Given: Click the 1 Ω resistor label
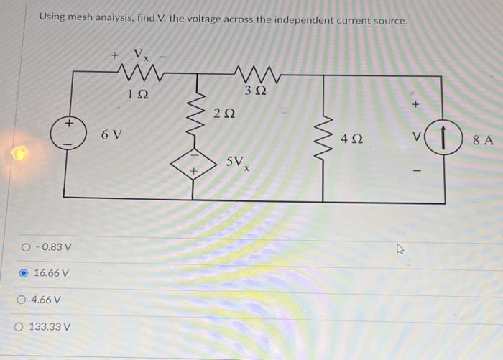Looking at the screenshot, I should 138,95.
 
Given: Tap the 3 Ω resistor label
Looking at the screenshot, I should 255,91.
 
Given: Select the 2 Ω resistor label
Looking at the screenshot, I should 223,113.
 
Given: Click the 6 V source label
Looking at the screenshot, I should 111,134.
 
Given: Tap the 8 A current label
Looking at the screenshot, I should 484,140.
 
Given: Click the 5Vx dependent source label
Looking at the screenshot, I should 239,164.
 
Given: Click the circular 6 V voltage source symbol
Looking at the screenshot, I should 66,134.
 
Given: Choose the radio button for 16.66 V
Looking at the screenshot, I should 24,273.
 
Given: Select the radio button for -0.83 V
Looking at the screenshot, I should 24,247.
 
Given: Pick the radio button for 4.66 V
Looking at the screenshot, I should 24,300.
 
